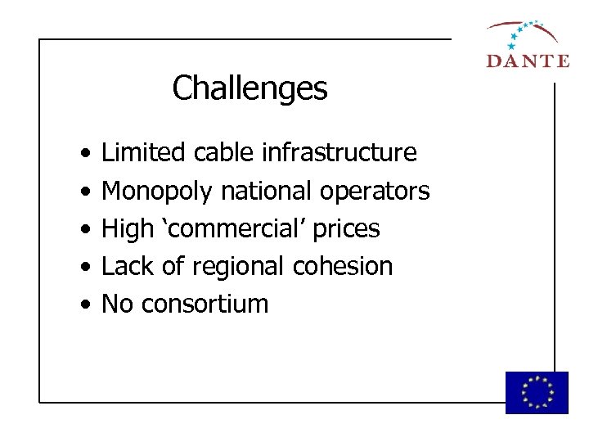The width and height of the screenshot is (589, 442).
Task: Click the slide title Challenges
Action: [x=250, y=88]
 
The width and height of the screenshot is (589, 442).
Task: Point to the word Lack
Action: [x=124, y=266]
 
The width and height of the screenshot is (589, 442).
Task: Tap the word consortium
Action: [x=205, y=304]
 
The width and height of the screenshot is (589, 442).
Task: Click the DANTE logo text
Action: [x=527, y=60]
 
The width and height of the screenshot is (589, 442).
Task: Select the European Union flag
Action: [x=537, y=392]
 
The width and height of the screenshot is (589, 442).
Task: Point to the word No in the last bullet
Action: [x=117, y=304]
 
